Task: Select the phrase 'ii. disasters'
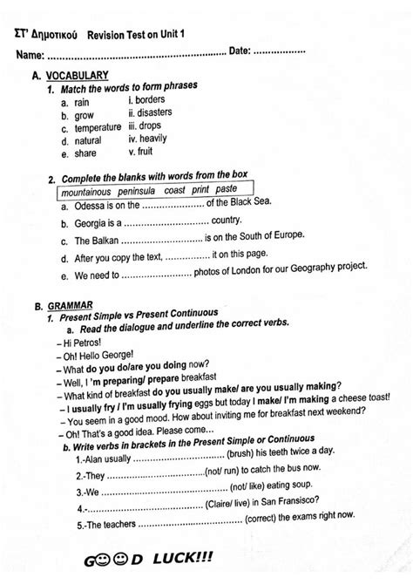point(150,112)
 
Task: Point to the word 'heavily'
point(159,138)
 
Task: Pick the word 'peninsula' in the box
point(142,189)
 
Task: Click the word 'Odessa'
point(91,206)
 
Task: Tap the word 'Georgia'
point(94,222)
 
